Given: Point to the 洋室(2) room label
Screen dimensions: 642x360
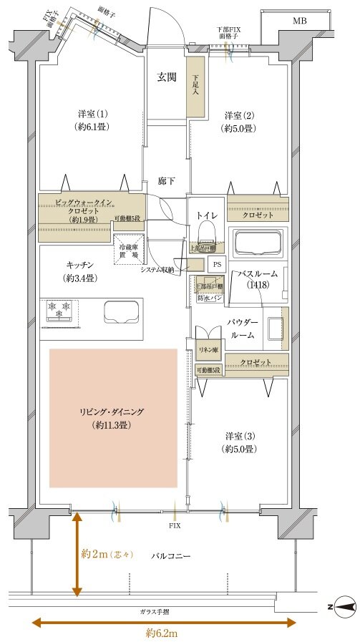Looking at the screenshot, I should (x=238, y=122).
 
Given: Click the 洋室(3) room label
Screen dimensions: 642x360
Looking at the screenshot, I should (x=238, y=442).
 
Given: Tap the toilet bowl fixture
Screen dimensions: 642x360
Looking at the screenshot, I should (x=206, y=231).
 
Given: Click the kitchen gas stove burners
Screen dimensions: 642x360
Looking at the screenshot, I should (x=59, y=308).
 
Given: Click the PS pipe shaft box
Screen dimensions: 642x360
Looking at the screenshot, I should (x=216, y=263).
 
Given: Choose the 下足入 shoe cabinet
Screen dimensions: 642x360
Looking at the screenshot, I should (x=194, y=89).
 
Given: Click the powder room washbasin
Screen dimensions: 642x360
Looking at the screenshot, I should (x=274, y=330).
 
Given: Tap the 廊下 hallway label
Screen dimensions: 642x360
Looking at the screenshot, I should (x=167, y=181).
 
